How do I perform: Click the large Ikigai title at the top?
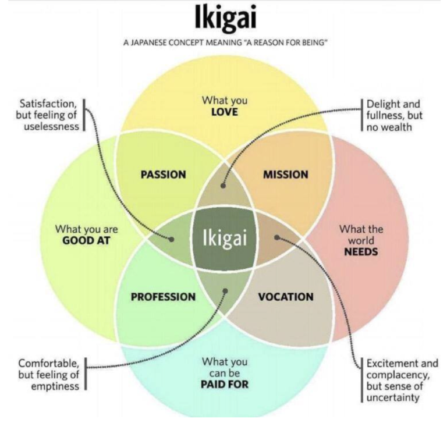tap(225, 17)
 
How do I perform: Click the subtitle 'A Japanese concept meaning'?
tap(182, 42)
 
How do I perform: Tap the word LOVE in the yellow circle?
tap(224, 112)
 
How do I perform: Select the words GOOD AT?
tap(86, 240)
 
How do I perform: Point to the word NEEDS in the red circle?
tap(361, 252)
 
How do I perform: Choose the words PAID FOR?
tap(225, 385)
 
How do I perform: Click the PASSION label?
tap(164, 175)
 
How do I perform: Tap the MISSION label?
tap(286, 175)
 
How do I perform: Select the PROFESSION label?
tap(164, 297)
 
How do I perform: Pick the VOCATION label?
tap(286, 297)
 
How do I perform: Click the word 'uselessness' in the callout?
tap(51, 126)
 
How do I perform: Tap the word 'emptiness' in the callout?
tap(55, 386)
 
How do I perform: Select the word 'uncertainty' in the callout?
tap(393, 397)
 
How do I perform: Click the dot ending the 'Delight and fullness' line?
tap(223, 186)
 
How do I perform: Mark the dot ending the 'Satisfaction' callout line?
tap(171, 239)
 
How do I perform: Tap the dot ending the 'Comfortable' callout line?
tap(225, 291)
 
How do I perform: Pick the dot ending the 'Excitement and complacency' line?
tap(277, 237)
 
